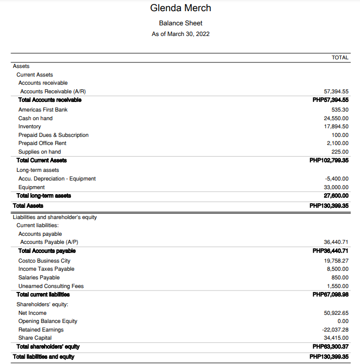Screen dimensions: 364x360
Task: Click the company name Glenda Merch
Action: (x=181, y=8)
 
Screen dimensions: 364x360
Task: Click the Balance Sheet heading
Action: (x=181, y=23)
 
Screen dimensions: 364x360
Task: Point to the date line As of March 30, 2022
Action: (x=181, y=34)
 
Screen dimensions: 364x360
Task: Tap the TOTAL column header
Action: (x=340, y=57)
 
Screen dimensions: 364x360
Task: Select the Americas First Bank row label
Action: (x=43, y=110)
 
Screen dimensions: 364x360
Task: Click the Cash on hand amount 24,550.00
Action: (x=336, y=118)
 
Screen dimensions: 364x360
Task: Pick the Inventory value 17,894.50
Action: (x=336, y=126)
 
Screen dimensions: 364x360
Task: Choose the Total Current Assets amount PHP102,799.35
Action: (x=329, y=160)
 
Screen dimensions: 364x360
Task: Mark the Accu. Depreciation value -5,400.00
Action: (x=337, y=178)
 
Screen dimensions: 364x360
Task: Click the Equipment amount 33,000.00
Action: (x=336, y=187)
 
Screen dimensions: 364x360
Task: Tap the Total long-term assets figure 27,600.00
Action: (x=336, y=195)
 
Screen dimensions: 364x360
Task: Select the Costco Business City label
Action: (x=44, y=261)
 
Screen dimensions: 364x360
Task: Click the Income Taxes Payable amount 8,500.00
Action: (x=338, y=269)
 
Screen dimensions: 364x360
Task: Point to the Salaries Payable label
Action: (x=39, y=277)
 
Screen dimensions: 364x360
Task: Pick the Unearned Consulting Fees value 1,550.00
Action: (x=338, y=286)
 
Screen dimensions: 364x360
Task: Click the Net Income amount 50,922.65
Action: (x=336, y=313)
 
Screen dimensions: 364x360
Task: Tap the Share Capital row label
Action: (x=35, y=338)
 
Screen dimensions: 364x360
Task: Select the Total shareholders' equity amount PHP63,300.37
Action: (x=331, y=347)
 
